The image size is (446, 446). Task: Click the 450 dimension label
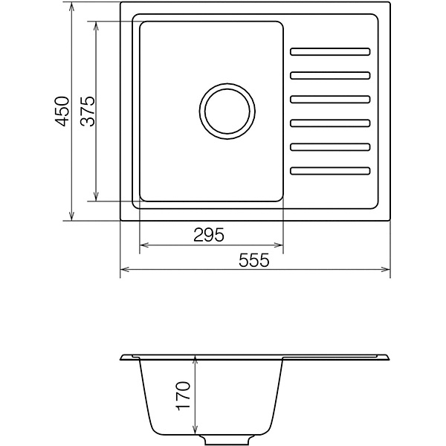pyautogui.click(x=62, y=111)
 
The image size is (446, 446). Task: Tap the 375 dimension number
pyautogui.click(x=87, y=111)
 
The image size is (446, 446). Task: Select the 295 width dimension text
pyautogui.click(x=209, y=235)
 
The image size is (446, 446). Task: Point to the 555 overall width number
pyautogui.click(x=253, y=260)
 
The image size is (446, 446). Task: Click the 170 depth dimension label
pyautogui.click(x=184, y=396)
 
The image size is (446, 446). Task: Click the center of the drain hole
pyautogui.click(x=227, y=111)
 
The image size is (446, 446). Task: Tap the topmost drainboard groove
pyautogui.click(x=330, y=52)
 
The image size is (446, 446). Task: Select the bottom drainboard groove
pyautogui.click(x=330, y=171)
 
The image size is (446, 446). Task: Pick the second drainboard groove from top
pyautogui.click(x=330, y=76)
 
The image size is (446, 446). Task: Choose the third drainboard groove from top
pyautogui.click(x=330, y=100)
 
